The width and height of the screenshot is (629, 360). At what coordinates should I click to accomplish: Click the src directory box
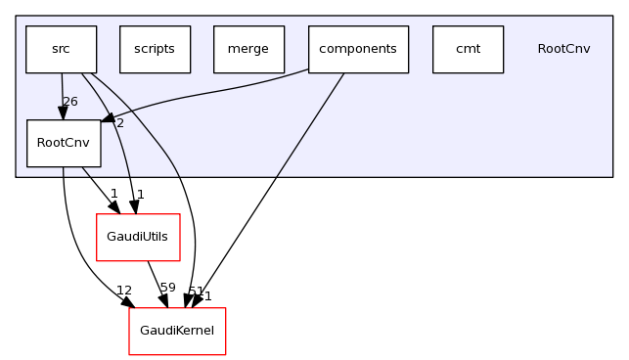click(x=61, y=49)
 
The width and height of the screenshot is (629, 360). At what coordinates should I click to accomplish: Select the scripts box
click(x=155, y=49)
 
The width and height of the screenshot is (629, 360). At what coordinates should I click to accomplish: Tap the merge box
click(x=248, y=49)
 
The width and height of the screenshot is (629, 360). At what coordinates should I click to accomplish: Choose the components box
click(x=358, y=49)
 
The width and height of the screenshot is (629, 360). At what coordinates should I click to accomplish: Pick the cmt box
click(x=468, y=49)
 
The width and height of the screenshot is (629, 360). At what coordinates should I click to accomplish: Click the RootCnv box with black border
click(x=64, y=143)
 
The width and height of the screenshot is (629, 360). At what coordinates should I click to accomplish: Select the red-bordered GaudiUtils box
click(x=137, y=237)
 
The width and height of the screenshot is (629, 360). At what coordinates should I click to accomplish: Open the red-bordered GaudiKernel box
click(x=177, y=331)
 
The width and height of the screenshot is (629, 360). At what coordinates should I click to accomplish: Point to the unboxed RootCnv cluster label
click(x=563, y=49)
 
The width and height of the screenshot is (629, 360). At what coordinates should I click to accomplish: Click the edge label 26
click(x=69, y=102)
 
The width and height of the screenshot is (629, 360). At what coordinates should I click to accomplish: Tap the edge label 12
click(x=124, y=291)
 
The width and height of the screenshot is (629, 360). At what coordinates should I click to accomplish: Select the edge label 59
click(x=167, y=288)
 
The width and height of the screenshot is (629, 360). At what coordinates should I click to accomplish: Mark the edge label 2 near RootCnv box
click(x=119, y=123)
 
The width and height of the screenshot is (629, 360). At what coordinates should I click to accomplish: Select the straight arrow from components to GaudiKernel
click(x=274, y=186)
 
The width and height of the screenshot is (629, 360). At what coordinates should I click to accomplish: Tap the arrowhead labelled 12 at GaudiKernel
click(x=128, y=302)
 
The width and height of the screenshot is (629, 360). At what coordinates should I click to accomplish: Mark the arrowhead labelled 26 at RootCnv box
click(x=63, y=113)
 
